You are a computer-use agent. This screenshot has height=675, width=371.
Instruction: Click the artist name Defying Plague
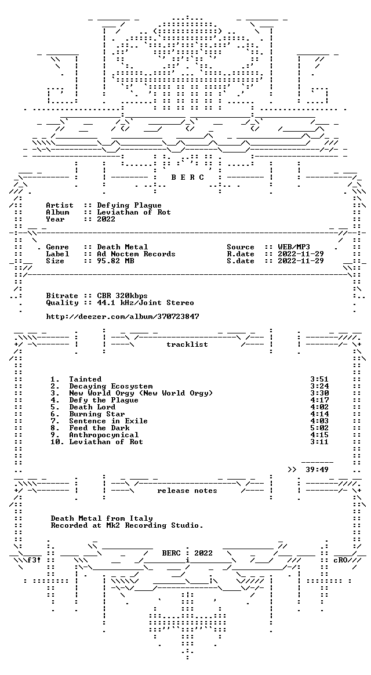tap(129, 206)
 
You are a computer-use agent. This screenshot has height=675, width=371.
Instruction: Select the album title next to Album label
tap(134, 213)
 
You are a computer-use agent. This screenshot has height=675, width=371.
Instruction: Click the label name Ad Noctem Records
tap(136, 254)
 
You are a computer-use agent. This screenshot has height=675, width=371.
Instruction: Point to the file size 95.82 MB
tap(115, 261)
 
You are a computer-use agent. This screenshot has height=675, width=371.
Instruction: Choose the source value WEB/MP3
tap(294, 247)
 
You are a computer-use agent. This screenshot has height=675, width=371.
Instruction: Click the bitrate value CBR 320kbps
tap(122, 296)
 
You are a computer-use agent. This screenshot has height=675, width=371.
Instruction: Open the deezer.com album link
tap(123, 317)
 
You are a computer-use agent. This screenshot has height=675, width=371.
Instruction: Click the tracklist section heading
tap(187, 344)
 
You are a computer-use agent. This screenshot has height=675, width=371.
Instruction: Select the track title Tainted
tap(85, 379)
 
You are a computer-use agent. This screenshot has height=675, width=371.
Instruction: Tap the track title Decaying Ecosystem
tap(111, 386)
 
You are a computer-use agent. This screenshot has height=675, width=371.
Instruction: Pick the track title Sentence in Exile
tap(108, 421)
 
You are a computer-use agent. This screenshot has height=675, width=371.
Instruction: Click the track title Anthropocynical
tap(104, 435)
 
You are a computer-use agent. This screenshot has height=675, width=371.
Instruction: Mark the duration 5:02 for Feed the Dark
tap(319, 428)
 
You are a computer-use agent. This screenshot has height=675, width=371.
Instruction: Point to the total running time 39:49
tap(317, 470)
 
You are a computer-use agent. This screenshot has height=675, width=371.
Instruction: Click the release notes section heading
tap(187, 491)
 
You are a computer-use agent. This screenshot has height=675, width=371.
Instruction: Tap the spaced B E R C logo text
tap(187, 177)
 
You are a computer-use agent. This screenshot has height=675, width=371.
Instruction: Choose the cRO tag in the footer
tap(340, 560)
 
